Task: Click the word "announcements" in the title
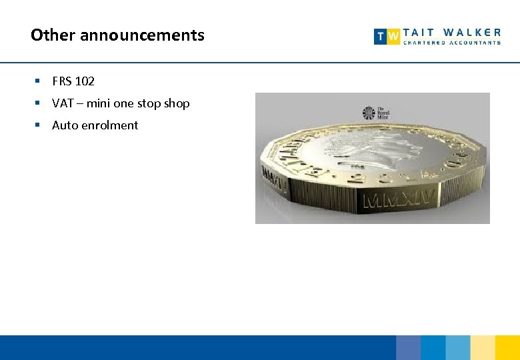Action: [x=142, y=35]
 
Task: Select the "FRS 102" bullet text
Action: [x=73, y=81]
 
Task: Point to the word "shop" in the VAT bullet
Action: [x=177, y=103]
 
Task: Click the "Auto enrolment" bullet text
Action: [x=95, y=125]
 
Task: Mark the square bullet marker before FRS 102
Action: [x=39, y=81]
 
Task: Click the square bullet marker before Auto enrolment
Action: [x=39, y=125]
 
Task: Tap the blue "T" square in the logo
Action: [x=381, y=37]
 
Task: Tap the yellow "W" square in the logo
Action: [x=394, y=37]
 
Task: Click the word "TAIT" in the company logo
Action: [x=418, y=32]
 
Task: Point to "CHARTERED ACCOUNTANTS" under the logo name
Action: [x=452, y=43]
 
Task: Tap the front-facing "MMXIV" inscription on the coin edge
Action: [x=399, y=198]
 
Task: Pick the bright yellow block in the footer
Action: [x=507, y=347]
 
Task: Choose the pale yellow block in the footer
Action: [x=483, y=347]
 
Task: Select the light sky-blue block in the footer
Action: [x=458, y=347]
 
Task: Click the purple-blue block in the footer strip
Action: [x=408, y=347]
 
